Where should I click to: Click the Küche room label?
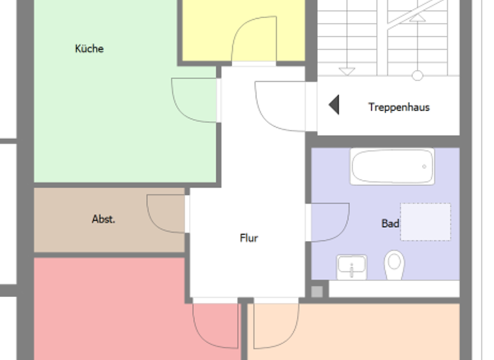click(89, 49)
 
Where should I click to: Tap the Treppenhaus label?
click(399, 107)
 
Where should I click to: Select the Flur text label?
click(249, 239)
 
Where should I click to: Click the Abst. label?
click(104, 219)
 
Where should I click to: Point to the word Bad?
click(390, 224)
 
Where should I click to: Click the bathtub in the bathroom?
click(392, 166)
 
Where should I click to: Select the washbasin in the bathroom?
click(351, 266)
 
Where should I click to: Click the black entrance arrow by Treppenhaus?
click(334, 105)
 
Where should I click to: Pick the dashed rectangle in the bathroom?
click(425, 222)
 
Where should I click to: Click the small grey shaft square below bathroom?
click(316, 292)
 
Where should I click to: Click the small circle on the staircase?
click(417, 76)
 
